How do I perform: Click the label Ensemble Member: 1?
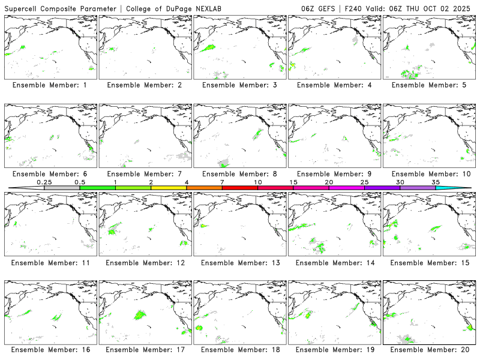click(50, 85)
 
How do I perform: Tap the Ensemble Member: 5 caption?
click(428, 85)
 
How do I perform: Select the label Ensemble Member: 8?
click(239, 174)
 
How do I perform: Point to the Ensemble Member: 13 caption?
click(239, 262)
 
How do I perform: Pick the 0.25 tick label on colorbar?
click(44, 181)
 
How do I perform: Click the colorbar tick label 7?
click(222, 181)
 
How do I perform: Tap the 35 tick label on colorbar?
click(436, 181)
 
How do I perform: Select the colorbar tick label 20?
click(329, 181)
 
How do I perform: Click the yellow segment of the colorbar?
click(169, 188)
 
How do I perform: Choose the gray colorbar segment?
click(62, 188)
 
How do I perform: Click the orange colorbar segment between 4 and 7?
click(204, 188)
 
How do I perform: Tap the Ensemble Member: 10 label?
click(428, 174)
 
